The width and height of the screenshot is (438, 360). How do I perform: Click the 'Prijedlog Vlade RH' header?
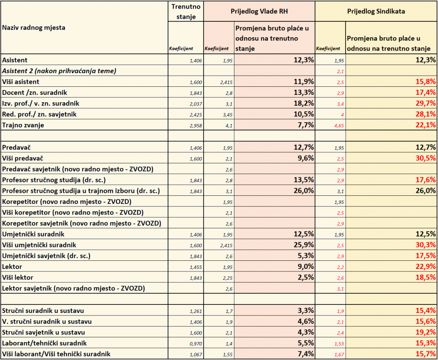click(259, 12)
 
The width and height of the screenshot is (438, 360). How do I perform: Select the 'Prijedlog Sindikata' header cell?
click(376, 12)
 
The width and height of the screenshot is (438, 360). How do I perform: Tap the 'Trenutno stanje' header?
click(186, 12)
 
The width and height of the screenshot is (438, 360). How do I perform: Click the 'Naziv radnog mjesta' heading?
click(33, 28)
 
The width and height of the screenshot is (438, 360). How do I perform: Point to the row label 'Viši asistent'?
click(21, 82)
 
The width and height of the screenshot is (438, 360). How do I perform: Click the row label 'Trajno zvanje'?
click(23, 125)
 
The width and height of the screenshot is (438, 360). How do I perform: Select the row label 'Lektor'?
click(12, 267)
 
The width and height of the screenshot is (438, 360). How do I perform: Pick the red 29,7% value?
click(426, 103)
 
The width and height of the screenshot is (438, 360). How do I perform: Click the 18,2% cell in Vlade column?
click(304, 103)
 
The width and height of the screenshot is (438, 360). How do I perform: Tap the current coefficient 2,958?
click(196, 126)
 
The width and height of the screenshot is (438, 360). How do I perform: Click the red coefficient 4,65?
click(339, 126)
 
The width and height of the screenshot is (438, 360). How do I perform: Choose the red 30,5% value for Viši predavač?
click(426, 158)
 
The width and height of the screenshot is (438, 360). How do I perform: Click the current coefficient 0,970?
click(196, 344)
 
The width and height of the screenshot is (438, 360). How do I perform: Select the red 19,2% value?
click(426, 332)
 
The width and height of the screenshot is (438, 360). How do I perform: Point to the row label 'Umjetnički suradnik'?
click(33, 234)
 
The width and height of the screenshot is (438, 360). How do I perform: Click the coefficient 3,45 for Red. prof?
click(228, 115)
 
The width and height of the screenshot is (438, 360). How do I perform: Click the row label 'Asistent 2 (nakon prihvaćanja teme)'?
click(59, 71)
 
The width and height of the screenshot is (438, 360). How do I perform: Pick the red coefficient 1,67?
click(339, 355)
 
